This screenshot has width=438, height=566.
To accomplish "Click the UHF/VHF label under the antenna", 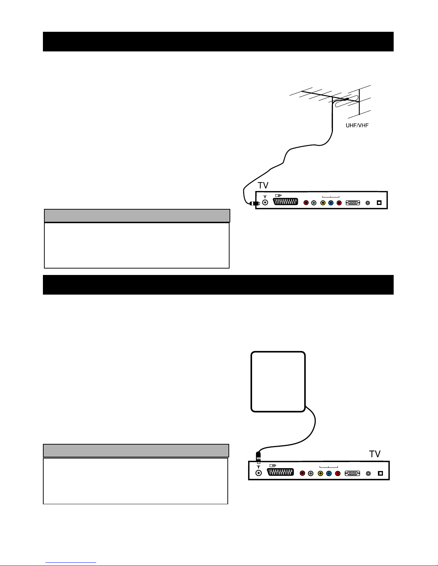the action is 357,125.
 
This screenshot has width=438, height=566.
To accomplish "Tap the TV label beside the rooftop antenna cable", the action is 263,185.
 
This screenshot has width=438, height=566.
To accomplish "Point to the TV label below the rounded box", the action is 375,454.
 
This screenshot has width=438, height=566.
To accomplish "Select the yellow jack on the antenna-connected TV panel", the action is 323,203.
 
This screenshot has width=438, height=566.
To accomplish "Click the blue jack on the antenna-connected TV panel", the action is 331,203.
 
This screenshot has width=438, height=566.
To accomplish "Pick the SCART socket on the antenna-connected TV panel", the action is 285,202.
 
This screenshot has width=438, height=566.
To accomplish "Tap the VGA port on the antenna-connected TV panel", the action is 353,202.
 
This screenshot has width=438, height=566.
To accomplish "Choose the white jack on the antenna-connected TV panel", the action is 314,203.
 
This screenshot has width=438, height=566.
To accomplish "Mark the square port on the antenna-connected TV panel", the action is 379,202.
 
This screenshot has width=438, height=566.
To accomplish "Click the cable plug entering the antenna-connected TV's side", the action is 255,204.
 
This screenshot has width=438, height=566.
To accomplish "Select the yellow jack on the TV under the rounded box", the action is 320,474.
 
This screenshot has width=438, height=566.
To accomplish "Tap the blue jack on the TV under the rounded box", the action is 329,474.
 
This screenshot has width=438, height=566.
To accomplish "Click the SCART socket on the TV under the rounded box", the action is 281,472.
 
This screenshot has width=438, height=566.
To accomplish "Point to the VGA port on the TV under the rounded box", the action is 352,473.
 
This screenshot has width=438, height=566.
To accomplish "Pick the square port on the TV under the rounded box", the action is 380,473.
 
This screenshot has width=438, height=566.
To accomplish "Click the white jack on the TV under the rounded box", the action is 310,474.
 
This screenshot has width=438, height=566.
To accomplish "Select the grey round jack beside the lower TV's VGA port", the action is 368,474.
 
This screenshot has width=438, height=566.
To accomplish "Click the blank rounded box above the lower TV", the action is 278,382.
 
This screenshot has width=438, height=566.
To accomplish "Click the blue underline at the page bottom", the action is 71,563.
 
